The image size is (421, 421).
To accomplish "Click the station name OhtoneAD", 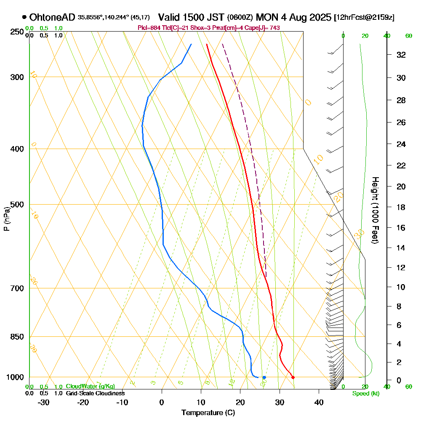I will [x=52, y=17].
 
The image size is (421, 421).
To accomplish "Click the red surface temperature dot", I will [x=293, y=377].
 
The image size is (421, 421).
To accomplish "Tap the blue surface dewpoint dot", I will [x=264, y=377].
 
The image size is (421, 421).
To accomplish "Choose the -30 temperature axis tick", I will [x=44, y=402].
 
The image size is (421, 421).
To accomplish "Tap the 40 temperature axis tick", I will [x=319, y=402].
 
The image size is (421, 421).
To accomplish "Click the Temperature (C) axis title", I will [x=208, y=413].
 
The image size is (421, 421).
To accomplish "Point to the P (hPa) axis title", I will [x=6, y=218].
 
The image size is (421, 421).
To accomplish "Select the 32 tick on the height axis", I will [x=401, y=54].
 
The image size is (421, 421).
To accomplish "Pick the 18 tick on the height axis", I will [x=401, y=207].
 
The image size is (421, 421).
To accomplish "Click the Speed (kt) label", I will [x=365, y=393].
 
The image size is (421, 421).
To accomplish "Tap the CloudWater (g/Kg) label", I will [x=90, y=386].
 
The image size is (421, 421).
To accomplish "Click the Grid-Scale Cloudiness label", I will [x=95, y=393].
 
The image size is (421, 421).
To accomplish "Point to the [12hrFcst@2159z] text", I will [x=364, y=18].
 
